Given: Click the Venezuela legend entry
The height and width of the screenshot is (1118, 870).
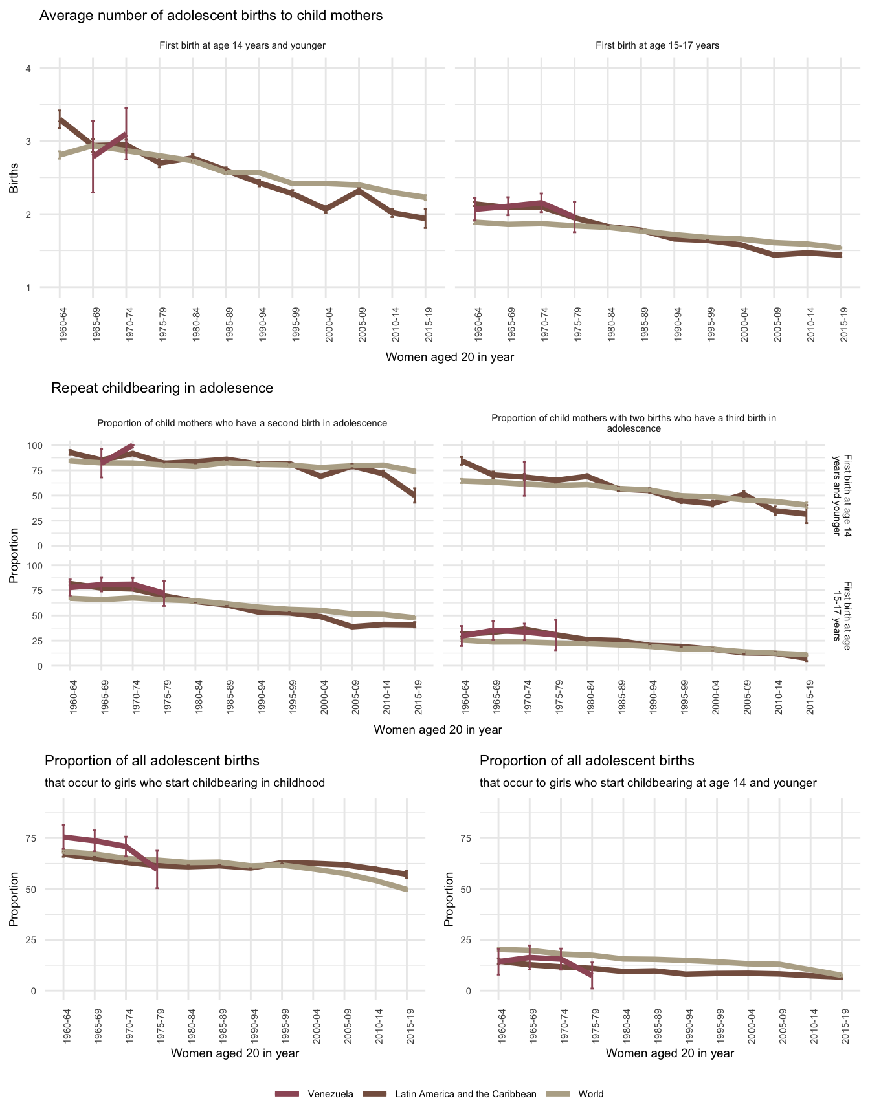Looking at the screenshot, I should click(x=330, y=1094).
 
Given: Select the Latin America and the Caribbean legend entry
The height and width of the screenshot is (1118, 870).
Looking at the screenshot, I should click(x=465, y=1094).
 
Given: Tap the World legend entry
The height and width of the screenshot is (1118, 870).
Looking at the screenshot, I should click(x=590, y=1094).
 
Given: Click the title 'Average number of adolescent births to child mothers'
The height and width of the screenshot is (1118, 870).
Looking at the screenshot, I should click(x=211, y=16).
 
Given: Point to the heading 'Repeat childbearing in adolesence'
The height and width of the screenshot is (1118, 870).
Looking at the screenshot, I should click(x=162, y=388).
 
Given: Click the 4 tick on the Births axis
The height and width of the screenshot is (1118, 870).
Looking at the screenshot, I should click(x=28, y=69).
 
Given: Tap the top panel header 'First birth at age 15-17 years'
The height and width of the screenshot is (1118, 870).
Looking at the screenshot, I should click(x=657, y=45).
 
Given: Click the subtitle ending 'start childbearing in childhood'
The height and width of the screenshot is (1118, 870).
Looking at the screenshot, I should click(x=184, y=783).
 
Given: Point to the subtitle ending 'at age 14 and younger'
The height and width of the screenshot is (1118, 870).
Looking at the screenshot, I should click(x=648, y=783).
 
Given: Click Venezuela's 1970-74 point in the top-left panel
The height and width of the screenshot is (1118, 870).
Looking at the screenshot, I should click(x=126, y=134).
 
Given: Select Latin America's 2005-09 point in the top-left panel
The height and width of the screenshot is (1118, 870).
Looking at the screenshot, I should click(x=359, y=191).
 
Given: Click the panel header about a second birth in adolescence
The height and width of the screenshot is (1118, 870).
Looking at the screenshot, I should click(x=242, y=423).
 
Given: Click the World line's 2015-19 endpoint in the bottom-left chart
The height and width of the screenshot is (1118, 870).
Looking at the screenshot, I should click(x=407, y=890).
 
